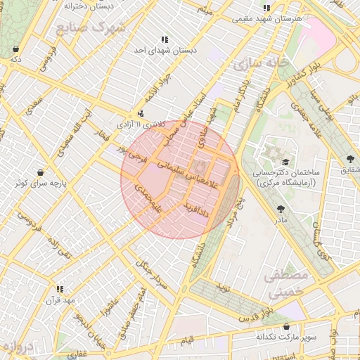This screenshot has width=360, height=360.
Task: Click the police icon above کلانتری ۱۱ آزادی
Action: (141, 113)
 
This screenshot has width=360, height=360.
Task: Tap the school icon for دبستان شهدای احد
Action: (165, 40)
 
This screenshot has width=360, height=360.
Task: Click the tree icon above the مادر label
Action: (281, 209)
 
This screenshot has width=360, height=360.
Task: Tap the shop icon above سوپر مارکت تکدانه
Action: (286, 326)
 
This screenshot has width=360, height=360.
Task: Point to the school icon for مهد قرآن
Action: (60, 289)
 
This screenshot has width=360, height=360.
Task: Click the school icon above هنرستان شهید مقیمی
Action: (266, 8)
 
